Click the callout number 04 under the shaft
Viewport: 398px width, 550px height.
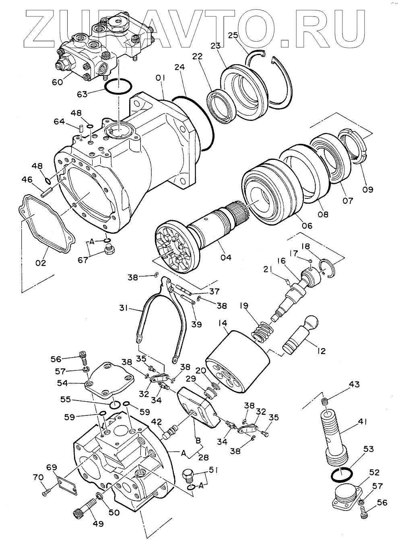pos(225,257)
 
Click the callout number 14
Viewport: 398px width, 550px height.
pos(223,323)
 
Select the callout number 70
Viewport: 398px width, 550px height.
pos(38,477)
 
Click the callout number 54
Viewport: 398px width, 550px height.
pos(63,383)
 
